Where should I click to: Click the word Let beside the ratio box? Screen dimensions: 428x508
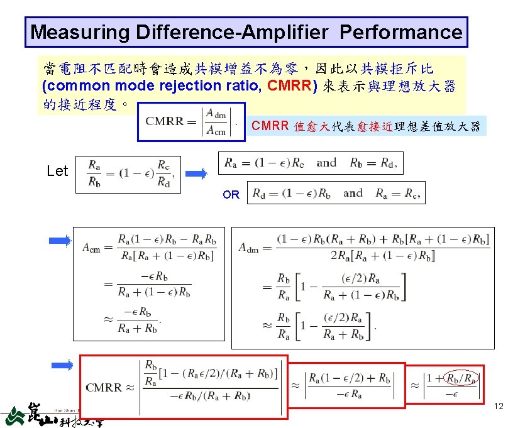click(x=57, y=171)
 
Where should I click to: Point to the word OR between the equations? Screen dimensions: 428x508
click(x=231, y=195)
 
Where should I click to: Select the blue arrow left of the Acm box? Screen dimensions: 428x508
click(x=60, y=239)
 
